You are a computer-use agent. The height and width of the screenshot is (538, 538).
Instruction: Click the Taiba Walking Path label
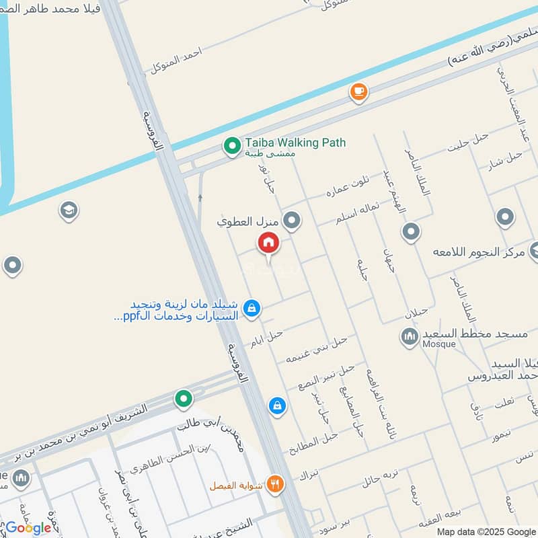(295, 143)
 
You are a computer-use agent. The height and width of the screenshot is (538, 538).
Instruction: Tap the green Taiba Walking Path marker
(232, 145)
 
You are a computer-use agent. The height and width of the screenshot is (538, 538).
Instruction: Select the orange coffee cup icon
(359, 91)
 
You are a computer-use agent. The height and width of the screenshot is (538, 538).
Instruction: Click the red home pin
(268, 243)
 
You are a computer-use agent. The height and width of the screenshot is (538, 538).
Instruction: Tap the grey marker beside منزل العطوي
(292, 220)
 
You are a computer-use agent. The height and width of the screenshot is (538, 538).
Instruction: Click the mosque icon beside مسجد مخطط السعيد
(410, 336)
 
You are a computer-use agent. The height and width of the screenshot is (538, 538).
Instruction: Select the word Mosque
(439, 344)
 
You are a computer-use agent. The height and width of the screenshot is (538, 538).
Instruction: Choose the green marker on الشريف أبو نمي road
(184, 399)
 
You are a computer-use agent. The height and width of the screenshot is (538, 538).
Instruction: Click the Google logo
(28, 527)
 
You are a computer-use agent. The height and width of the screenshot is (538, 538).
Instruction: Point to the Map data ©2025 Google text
(488, 531)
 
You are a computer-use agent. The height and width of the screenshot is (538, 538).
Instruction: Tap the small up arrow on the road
(200, 198)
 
